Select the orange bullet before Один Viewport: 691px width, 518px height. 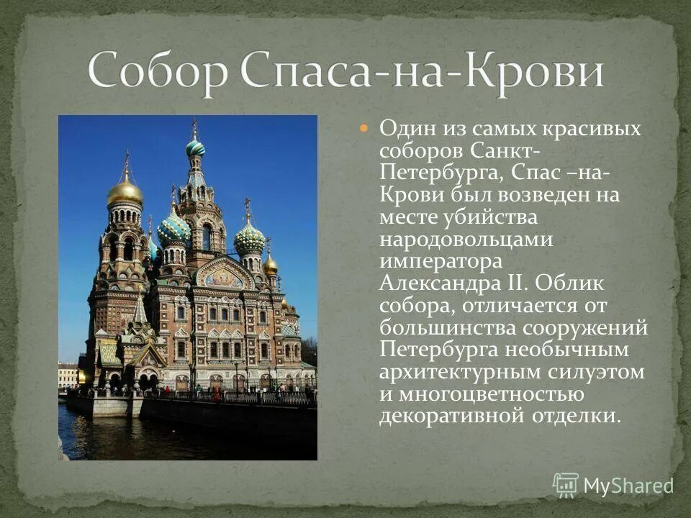click(x=363, y=128)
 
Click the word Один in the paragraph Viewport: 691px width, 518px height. click(x=407, y=129)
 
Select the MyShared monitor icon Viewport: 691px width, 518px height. click(x=566, y=485)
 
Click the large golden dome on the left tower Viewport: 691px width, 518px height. click(x=125, y=191)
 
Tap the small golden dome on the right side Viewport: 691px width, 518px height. click(x=270, y=265)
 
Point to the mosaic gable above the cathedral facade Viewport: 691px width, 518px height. click(x=224, y=276)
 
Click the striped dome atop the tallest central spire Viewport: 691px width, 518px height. click(x=195, y=148)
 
